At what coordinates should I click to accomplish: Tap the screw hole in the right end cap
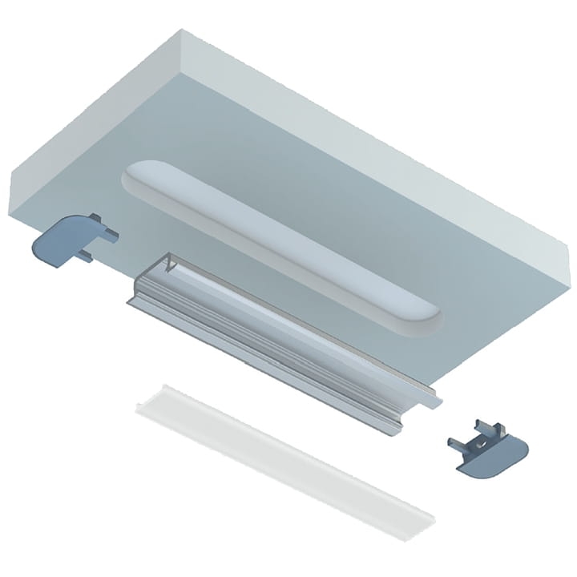(x=483, y=439)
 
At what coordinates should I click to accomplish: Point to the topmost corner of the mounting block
(x=183, y=30)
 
